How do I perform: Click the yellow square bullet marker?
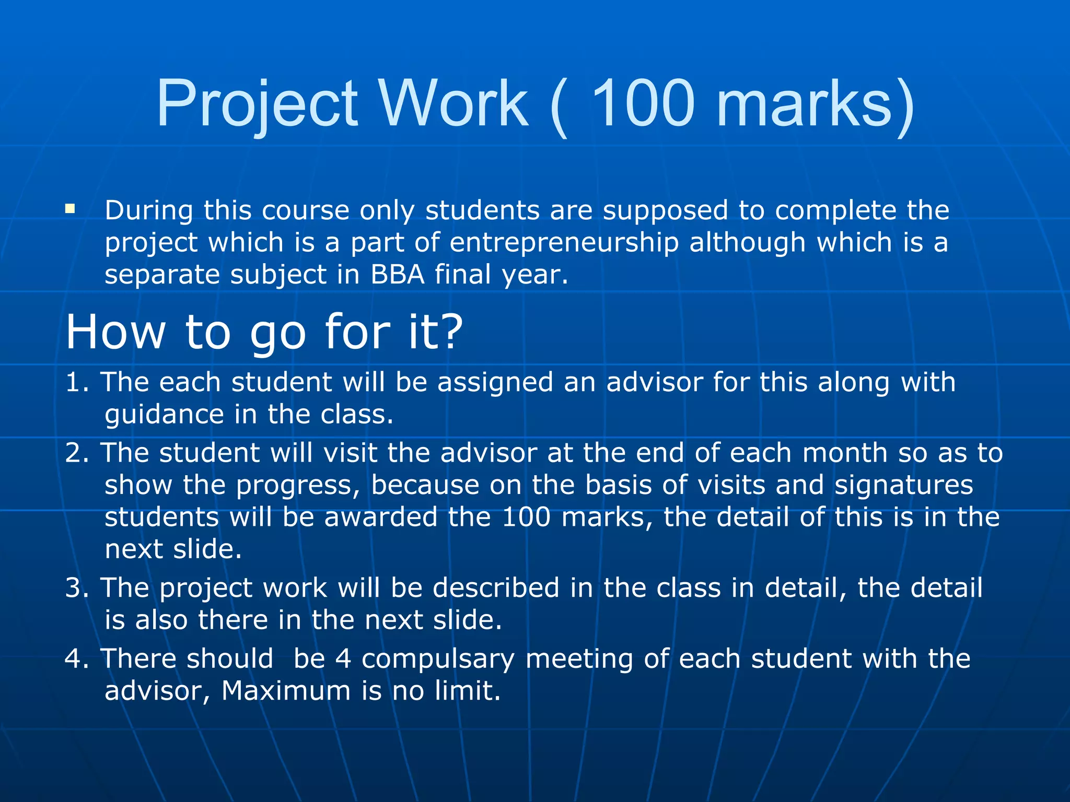[x=70, y=209]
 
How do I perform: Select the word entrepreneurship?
[x=564, y=243]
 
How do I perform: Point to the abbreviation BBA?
[x=398, y=275]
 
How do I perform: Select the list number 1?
[x=74, y=382]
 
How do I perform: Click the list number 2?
[x=74, y=453]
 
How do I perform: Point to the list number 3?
[x=74, y=588]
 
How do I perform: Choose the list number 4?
[x=74, y=658]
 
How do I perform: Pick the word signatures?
[x=903, y=485]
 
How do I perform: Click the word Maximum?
[x=286, y=691]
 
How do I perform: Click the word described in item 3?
[x=496, y=588]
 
